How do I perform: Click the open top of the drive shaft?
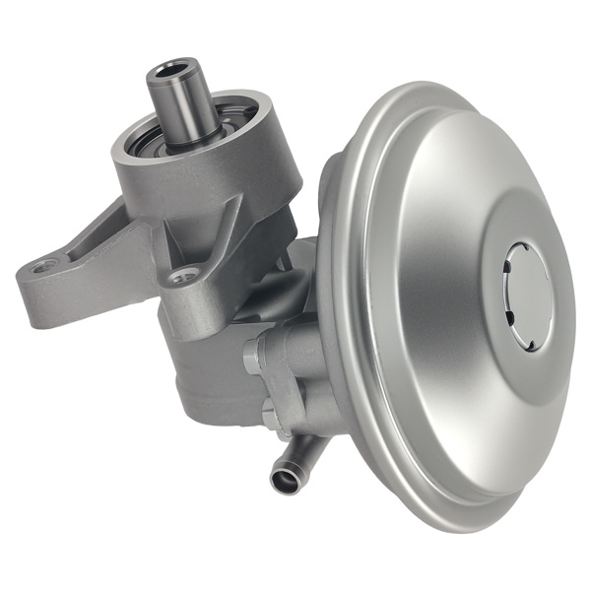tap(174, 72)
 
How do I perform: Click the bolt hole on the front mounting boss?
tap(182, 277)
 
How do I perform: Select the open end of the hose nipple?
tap(283, 481)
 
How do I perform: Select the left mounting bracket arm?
tap(79, 276)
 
